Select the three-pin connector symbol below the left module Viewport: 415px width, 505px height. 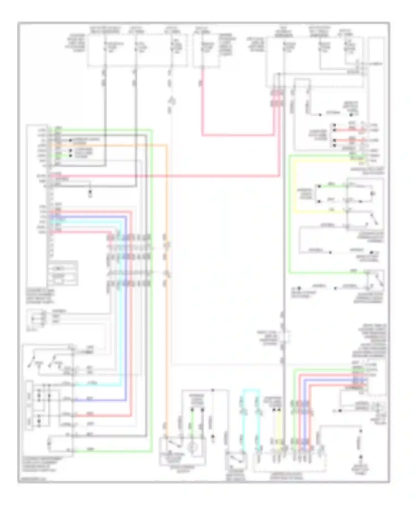(x=36, y=318)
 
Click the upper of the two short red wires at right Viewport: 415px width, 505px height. (x=350, y=130)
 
